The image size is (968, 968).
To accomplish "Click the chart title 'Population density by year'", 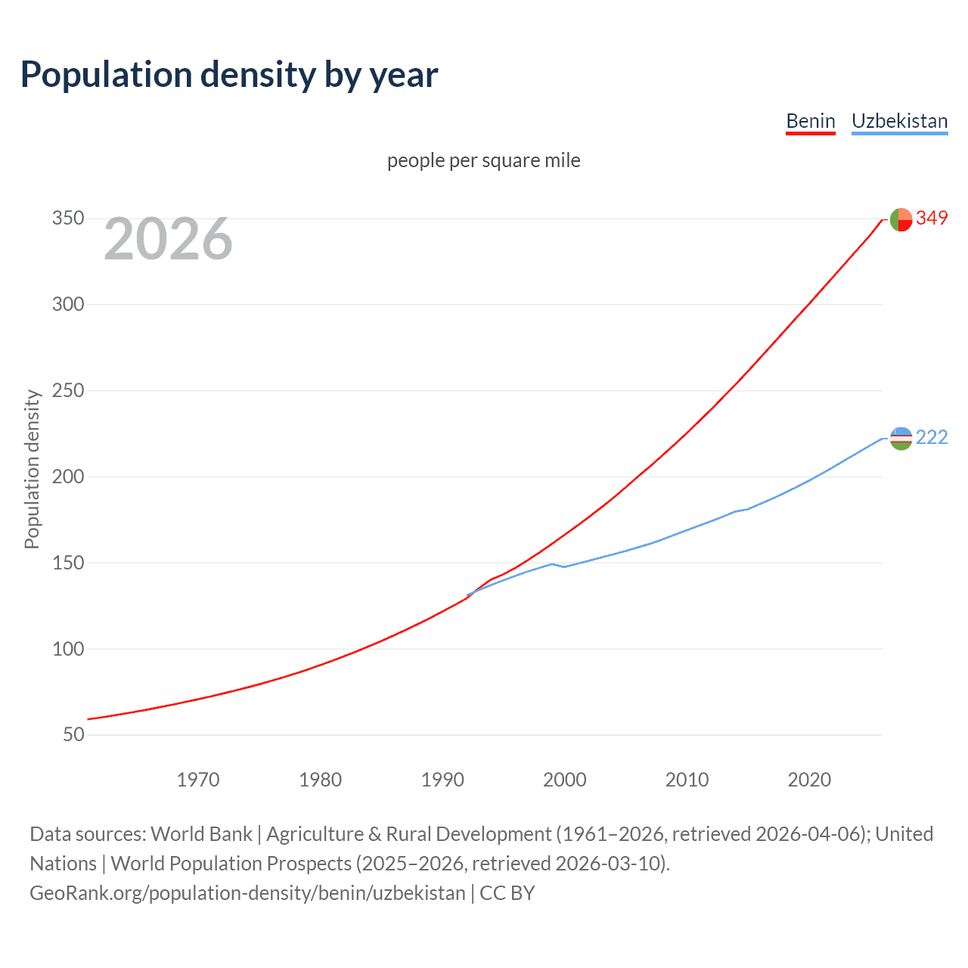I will click(229, 75).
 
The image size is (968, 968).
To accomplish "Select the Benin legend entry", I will click(810, 121).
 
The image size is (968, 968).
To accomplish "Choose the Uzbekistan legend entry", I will click(899, 121).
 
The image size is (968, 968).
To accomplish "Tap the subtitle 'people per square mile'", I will click(483, 160).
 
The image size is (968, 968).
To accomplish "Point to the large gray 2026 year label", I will click(168, 239).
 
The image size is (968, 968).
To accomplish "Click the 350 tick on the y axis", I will click(67, 219).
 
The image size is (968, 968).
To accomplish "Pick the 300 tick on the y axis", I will click(67, 305).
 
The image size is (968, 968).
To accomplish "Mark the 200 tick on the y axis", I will click(67, 477).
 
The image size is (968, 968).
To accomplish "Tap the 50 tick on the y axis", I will click(73, 735).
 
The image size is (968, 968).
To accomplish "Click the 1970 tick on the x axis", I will click(198, 780).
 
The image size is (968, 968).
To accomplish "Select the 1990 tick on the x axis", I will click(442, 780).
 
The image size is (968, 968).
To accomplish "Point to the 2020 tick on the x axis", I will click(809, 780).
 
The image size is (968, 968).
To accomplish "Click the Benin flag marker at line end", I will click(901, 219).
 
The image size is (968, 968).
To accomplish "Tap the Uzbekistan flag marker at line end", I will click(901, 438).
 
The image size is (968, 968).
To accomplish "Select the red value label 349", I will click(932, 218).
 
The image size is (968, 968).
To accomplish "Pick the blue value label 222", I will click(932, 438).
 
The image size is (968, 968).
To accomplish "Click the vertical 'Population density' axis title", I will click(32, 469).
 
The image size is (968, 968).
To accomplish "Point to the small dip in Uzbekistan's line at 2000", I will click(564, 566).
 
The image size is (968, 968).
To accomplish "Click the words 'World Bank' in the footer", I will click(201, 834).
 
